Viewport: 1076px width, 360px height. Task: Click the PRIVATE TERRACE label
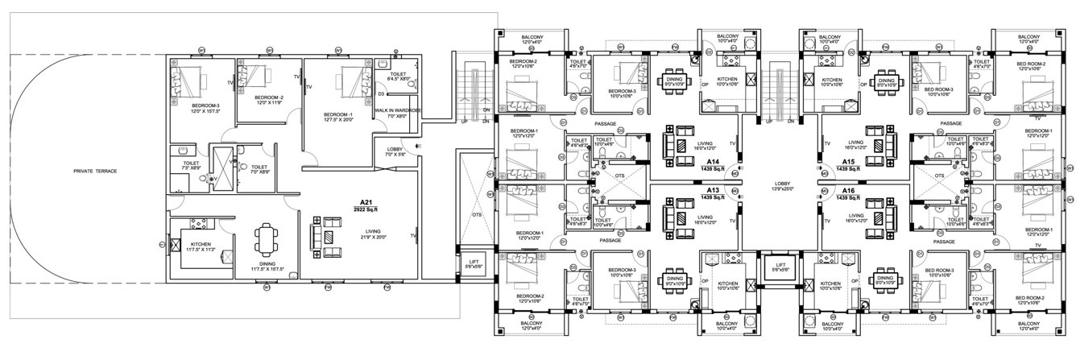pos(95,172)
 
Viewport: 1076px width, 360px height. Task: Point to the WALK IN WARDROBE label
pos(399,113)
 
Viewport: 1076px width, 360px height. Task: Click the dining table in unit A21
pos(266,237)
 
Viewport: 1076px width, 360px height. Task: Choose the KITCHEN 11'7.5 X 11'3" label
pos(200,246)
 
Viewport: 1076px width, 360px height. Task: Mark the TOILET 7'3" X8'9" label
pos(190,164)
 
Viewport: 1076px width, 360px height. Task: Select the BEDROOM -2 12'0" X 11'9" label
pos(269,99)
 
